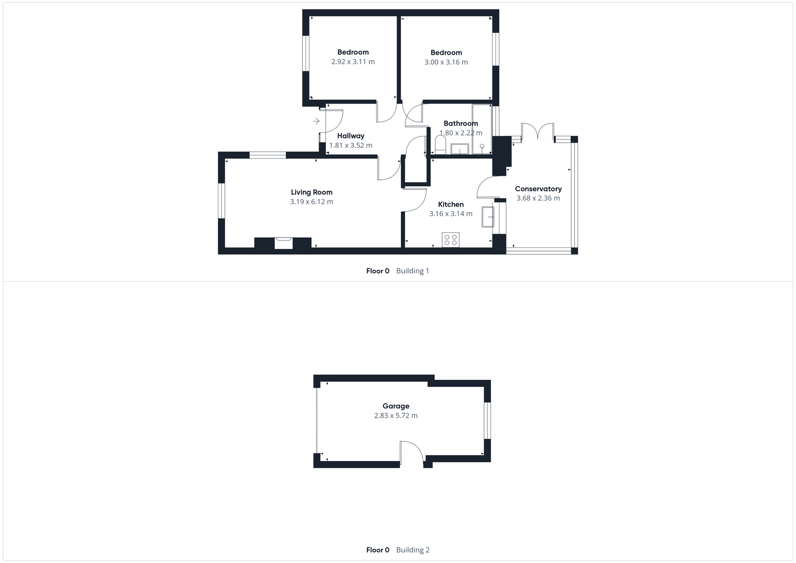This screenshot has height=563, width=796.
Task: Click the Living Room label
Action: pos(311,192)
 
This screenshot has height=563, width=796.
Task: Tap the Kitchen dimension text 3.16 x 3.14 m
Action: pos(451,214)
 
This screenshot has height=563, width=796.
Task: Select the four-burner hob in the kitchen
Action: pos(451,240)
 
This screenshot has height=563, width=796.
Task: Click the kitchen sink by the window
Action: pos(488,217)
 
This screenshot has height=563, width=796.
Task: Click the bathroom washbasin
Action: pos(460,148)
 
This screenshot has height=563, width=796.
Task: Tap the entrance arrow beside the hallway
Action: pos(316,121)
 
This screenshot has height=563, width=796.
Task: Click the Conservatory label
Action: pos(538,189)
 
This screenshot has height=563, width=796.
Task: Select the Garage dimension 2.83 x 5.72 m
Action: pos(396,416)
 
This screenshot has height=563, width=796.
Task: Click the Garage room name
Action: pos(396,406)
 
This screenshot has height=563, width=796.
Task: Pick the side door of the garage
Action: pos(411,453)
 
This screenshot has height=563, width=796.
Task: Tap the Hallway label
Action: pos(351,136)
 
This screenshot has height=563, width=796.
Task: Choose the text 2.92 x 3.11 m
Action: pos(353,62)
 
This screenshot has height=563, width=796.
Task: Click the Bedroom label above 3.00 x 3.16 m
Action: pos(446,53)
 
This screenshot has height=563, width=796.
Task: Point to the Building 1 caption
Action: pos(412,271)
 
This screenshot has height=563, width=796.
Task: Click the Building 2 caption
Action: pos(412,550)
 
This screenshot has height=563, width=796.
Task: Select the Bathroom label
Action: pos(461,123)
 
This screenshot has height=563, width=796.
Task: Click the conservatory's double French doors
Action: pos(537,132)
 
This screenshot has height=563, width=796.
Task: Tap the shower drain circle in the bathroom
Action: pos(482,146)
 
